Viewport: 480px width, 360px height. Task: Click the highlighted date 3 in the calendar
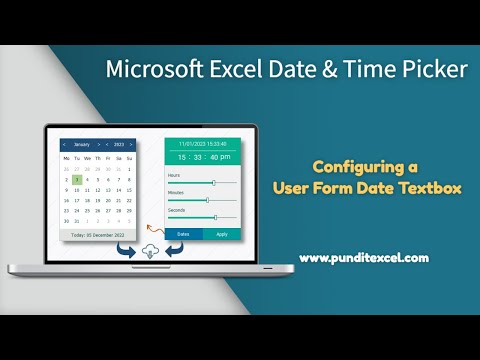78,180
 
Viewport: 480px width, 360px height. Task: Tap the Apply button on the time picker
221,234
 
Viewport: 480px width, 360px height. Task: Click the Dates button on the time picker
183,234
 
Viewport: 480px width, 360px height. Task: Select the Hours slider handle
213,183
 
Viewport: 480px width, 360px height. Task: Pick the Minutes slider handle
207,200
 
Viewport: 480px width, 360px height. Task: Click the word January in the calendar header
82,144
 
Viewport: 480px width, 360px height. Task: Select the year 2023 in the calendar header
119,144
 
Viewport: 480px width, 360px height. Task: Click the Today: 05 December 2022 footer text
98,235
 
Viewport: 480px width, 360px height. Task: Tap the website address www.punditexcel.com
363,257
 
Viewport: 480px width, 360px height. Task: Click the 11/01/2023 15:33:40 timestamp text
202,143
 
